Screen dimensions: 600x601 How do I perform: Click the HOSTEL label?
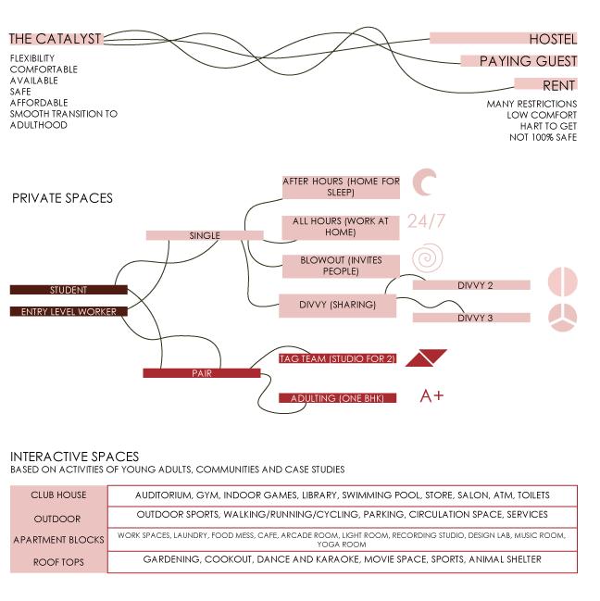click(x=552, y=39)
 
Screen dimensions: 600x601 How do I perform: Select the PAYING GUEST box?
click(x=528, y=61)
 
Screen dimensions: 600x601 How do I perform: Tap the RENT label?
click(x=565, y=85)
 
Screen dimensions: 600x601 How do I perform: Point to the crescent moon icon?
click(x=425, y=183)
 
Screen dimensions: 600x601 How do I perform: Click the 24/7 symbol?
click(x=426, y=221)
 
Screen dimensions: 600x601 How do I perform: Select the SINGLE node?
click(x=205, y=235)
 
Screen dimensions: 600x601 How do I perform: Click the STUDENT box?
click(x=69, y=290)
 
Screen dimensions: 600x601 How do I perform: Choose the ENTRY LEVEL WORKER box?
click(x=69, y=312)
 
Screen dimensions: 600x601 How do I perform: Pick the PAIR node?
click(x=202, y=373)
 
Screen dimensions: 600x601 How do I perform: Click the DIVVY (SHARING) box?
click(x=337, y=305)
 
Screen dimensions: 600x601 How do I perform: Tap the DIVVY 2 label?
click(x=474, y=285)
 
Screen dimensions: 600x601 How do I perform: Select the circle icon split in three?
click(x=562, y=318)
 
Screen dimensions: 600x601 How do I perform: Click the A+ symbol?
click(x=431, y=396)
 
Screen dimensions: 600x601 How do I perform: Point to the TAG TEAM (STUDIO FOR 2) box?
click(x=337, y=358)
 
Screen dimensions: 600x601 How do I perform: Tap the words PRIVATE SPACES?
click(x=62, y=198)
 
